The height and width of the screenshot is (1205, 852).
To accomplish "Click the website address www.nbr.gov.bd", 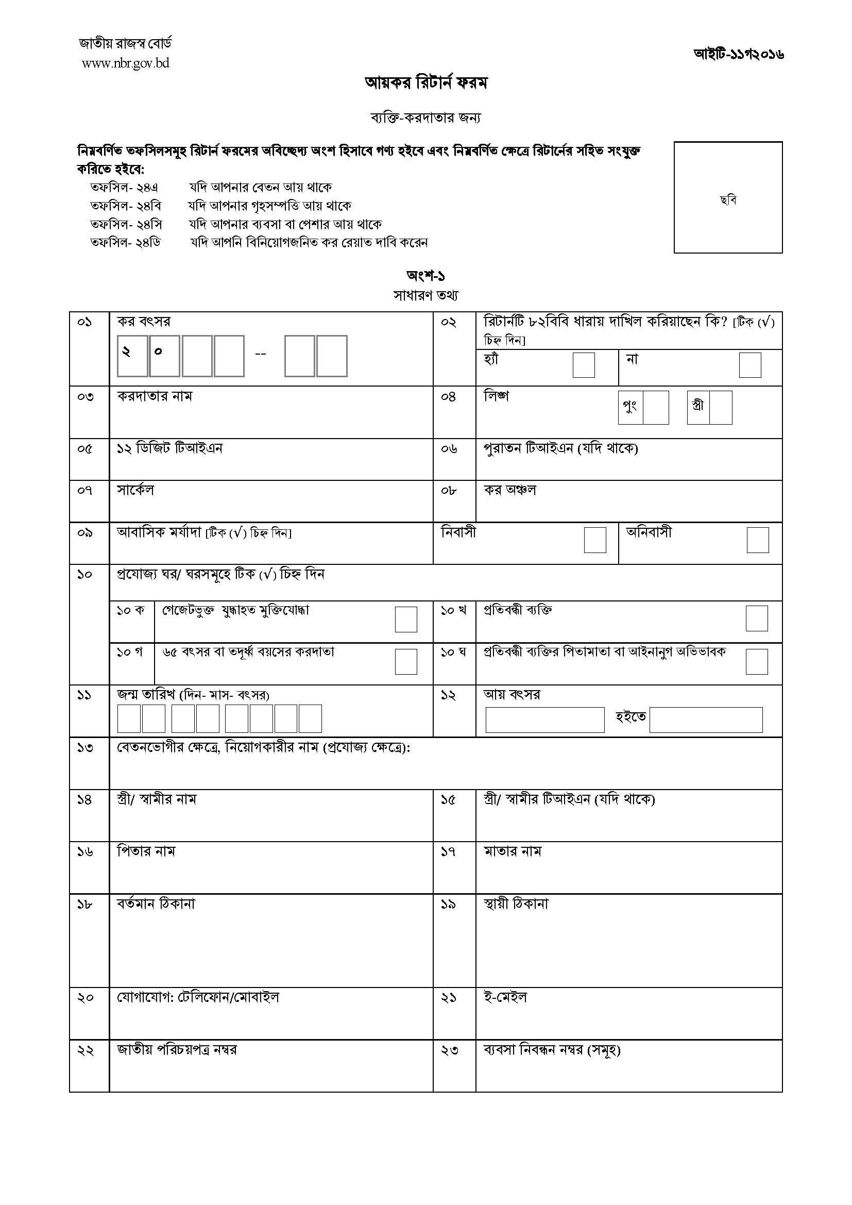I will coord(125,63).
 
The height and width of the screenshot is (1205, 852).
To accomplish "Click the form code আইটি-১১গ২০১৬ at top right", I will coord(739,54).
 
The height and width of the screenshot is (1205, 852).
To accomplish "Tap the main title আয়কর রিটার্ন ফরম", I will coord(426,83).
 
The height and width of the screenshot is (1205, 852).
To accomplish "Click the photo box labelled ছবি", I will coord(728,197).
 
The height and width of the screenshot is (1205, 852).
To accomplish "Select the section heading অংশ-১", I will coord(425,276).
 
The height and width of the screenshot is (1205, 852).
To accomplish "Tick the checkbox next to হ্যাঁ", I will coord(584,365).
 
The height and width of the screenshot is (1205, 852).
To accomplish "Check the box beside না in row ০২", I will coord(749,365).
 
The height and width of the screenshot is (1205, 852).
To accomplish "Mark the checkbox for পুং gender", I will coord(655,407).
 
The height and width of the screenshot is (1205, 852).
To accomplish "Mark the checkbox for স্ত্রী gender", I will coord(720,407).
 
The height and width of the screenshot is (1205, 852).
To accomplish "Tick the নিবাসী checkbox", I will coord(595,540).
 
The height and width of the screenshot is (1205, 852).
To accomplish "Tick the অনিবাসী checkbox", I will coord(758,540).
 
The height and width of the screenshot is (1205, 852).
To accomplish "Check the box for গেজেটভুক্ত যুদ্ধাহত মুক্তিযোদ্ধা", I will coord(405,620).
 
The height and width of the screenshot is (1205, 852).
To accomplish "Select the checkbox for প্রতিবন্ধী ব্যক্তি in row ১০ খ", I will coord(757,618).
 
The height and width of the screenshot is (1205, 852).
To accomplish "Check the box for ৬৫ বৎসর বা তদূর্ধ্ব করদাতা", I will coord(405,661).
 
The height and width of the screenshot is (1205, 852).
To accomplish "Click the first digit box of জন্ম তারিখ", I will coord(129,718).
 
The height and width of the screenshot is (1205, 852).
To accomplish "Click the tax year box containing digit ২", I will coord(132,356).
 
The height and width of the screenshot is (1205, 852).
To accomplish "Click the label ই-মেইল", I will coord(505,997).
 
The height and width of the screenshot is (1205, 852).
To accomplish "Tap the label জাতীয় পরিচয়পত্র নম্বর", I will coord(177,1050).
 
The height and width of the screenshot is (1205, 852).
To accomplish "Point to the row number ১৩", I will coord(85,747).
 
